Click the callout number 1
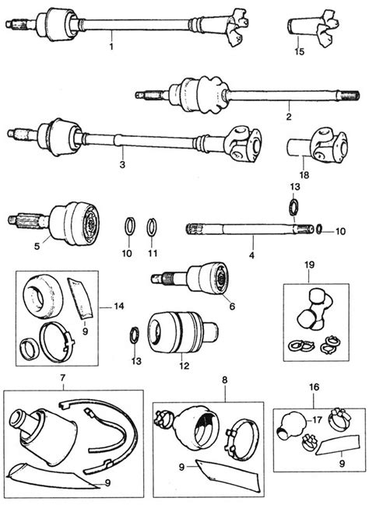click(x=111, y=47)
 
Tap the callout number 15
click(x=300, y=51)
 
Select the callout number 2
click(x=289, y=116)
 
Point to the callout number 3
click(x=122, y=165)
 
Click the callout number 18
click(x=304, y=175)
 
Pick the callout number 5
click(x=37, y=247)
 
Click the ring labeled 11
click(x=152, y=227)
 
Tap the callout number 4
click(x=251, y=255)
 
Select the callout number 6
click(x=232, y=307)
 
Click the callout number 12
click(x=184, y=366)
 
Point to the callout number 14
click(x=119, y=306)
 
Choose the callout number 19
click(x=309, y=265)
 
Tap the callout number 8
click(x=225, y=380)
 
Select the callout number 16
click(x=315, y=387)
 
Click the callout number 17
click(x=317, y=420)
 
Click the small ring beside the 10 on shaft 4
click(x=319, y=229)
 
